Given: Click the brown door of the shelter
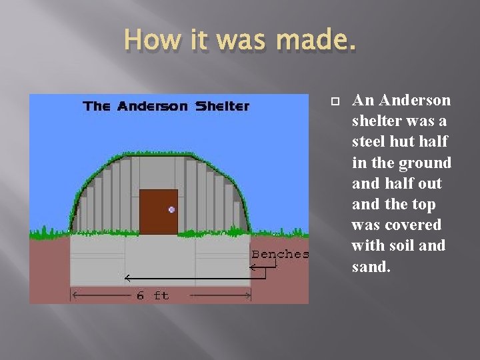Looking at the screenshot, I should [158, 212].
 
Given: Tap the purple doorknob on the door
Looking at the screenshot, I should [171, 209].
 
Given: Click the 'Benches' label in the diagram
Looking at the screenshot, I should [280, 254].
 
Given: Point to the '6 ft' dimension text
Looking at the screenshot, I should [153, 295].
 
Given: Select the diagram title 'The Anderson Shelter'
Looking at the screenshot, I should [165, 106].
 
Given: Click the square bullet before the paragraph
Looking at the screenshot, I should [335, 101].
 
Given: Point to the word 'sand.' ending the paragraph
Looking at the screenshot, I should [371, 267].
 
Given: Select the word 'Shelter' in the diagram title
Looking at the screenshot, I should [222, 106].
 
